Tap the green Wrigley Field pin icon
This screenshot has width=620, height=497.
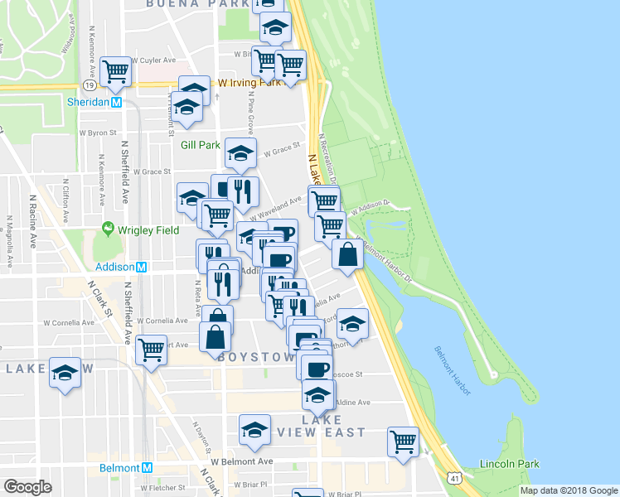tap(107, 229)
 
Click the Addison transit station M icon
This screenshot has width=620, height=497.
tap(142, 268)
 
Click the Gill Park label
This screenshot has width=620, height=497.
tap(201, 145)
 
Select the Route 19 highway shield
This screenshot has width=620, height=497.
tap(86, 84)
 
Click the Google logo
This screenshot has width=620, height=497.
tap(27, 486)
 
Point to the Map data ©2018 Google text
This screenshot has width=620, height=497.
tap(568, 490)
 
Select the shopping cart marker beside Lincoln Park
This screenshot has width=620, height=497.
tap(403, 442)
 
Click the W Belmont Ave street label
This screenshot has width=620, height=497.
tap(241, 461)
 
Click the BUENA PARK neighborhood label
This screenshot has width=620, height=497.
tap(197, 4)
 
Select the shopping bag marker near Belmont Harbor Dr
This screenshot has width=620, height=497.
tap(347, 255)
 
